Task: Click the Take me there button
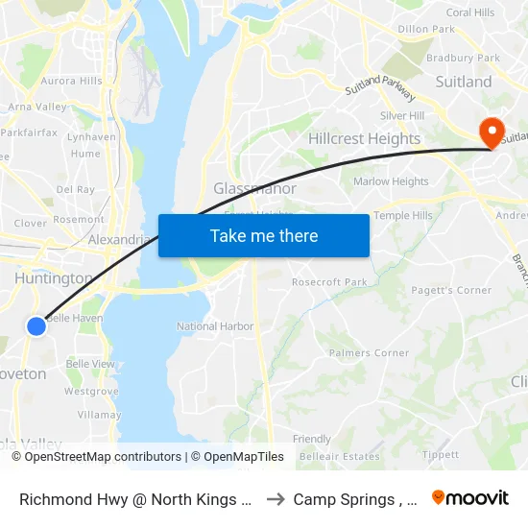pyautogui.click(x=264, y=235)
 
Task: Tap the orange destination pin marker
pyautogui.click(x=491, y=132)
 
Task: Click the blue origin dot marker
pyautogui.click(x=36, y=326)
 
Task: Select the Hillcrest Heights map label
pyautogui.click(x=364, y=139)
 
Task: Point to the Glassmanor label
pyautogui.click(x=254, y=189)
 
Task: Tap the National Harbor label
pyautogui.click(x=215, y=326)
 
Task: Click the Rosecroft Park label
pyautogui.click(x=329, y=282)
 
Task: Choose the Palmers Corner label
pyautogui.click(x=369, y=353)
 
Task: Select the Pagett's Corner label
pyautogui.click(x=450, y=291)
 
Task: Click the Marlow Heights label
pyautogui.click(x=391, y=181)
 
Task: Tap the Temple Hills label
pyautogui.click(x=402, y=216)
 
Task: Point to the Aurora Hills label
pyautogui.click(x=71, y=82)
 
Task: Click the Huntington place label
pyautogui.click(x=55, y=278)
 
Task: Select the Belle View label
pyautogui.click(x=89, y=365)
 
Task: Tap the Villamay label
pyautogui.click(x=99, y=415)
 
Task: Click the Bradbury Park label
pyautogui.click(x=464, y=58)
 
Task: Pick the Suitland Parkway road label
pyautogui.click(x=379, y=89)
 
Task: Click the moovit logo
pyautogui.click(x=470, y=497)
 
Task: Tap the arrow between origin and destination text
pyautogui.click(x=275, y=498)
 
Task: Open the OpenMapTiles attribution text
pyautogui.click(x=237, y=457)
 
